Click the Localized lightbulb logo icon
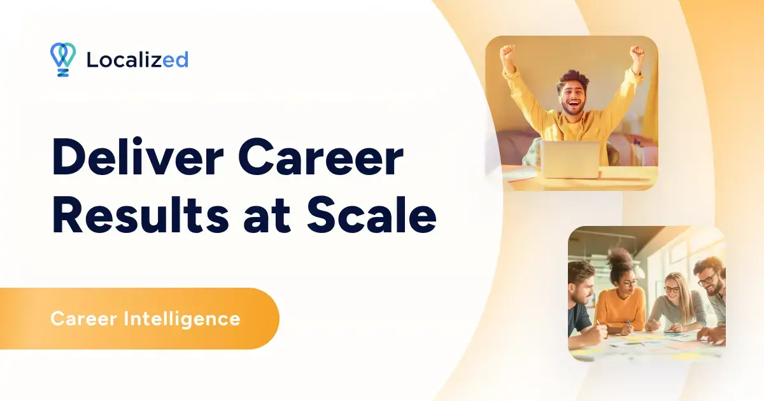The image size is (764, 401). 62,59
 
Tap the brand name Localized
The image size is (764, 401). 137,60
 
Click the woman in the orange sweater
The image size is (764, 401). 621,299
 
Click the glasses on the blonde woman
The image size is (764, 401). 671,289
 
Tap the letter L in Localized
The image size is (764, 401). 91,60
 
